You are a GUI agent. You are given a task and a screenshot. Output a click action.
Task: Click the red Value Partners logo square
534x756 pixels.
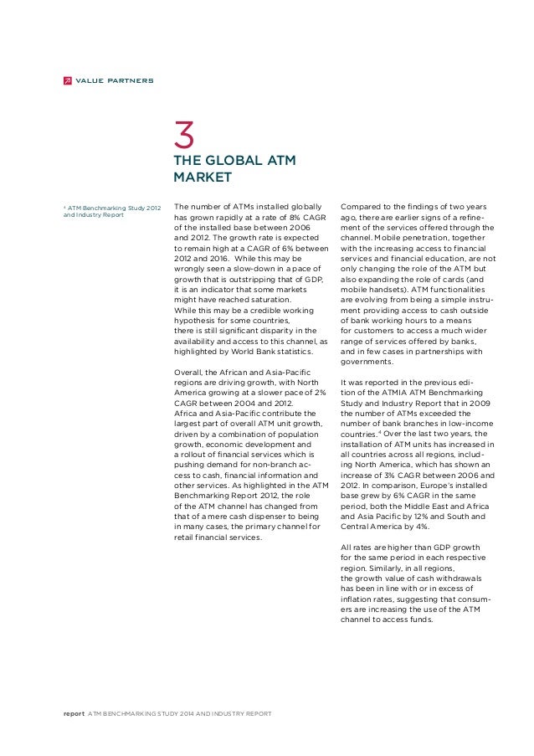pos(67,80)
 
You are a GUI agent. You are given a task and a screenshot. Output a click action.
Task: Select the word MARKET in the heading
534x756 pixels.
pos(201,177)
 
